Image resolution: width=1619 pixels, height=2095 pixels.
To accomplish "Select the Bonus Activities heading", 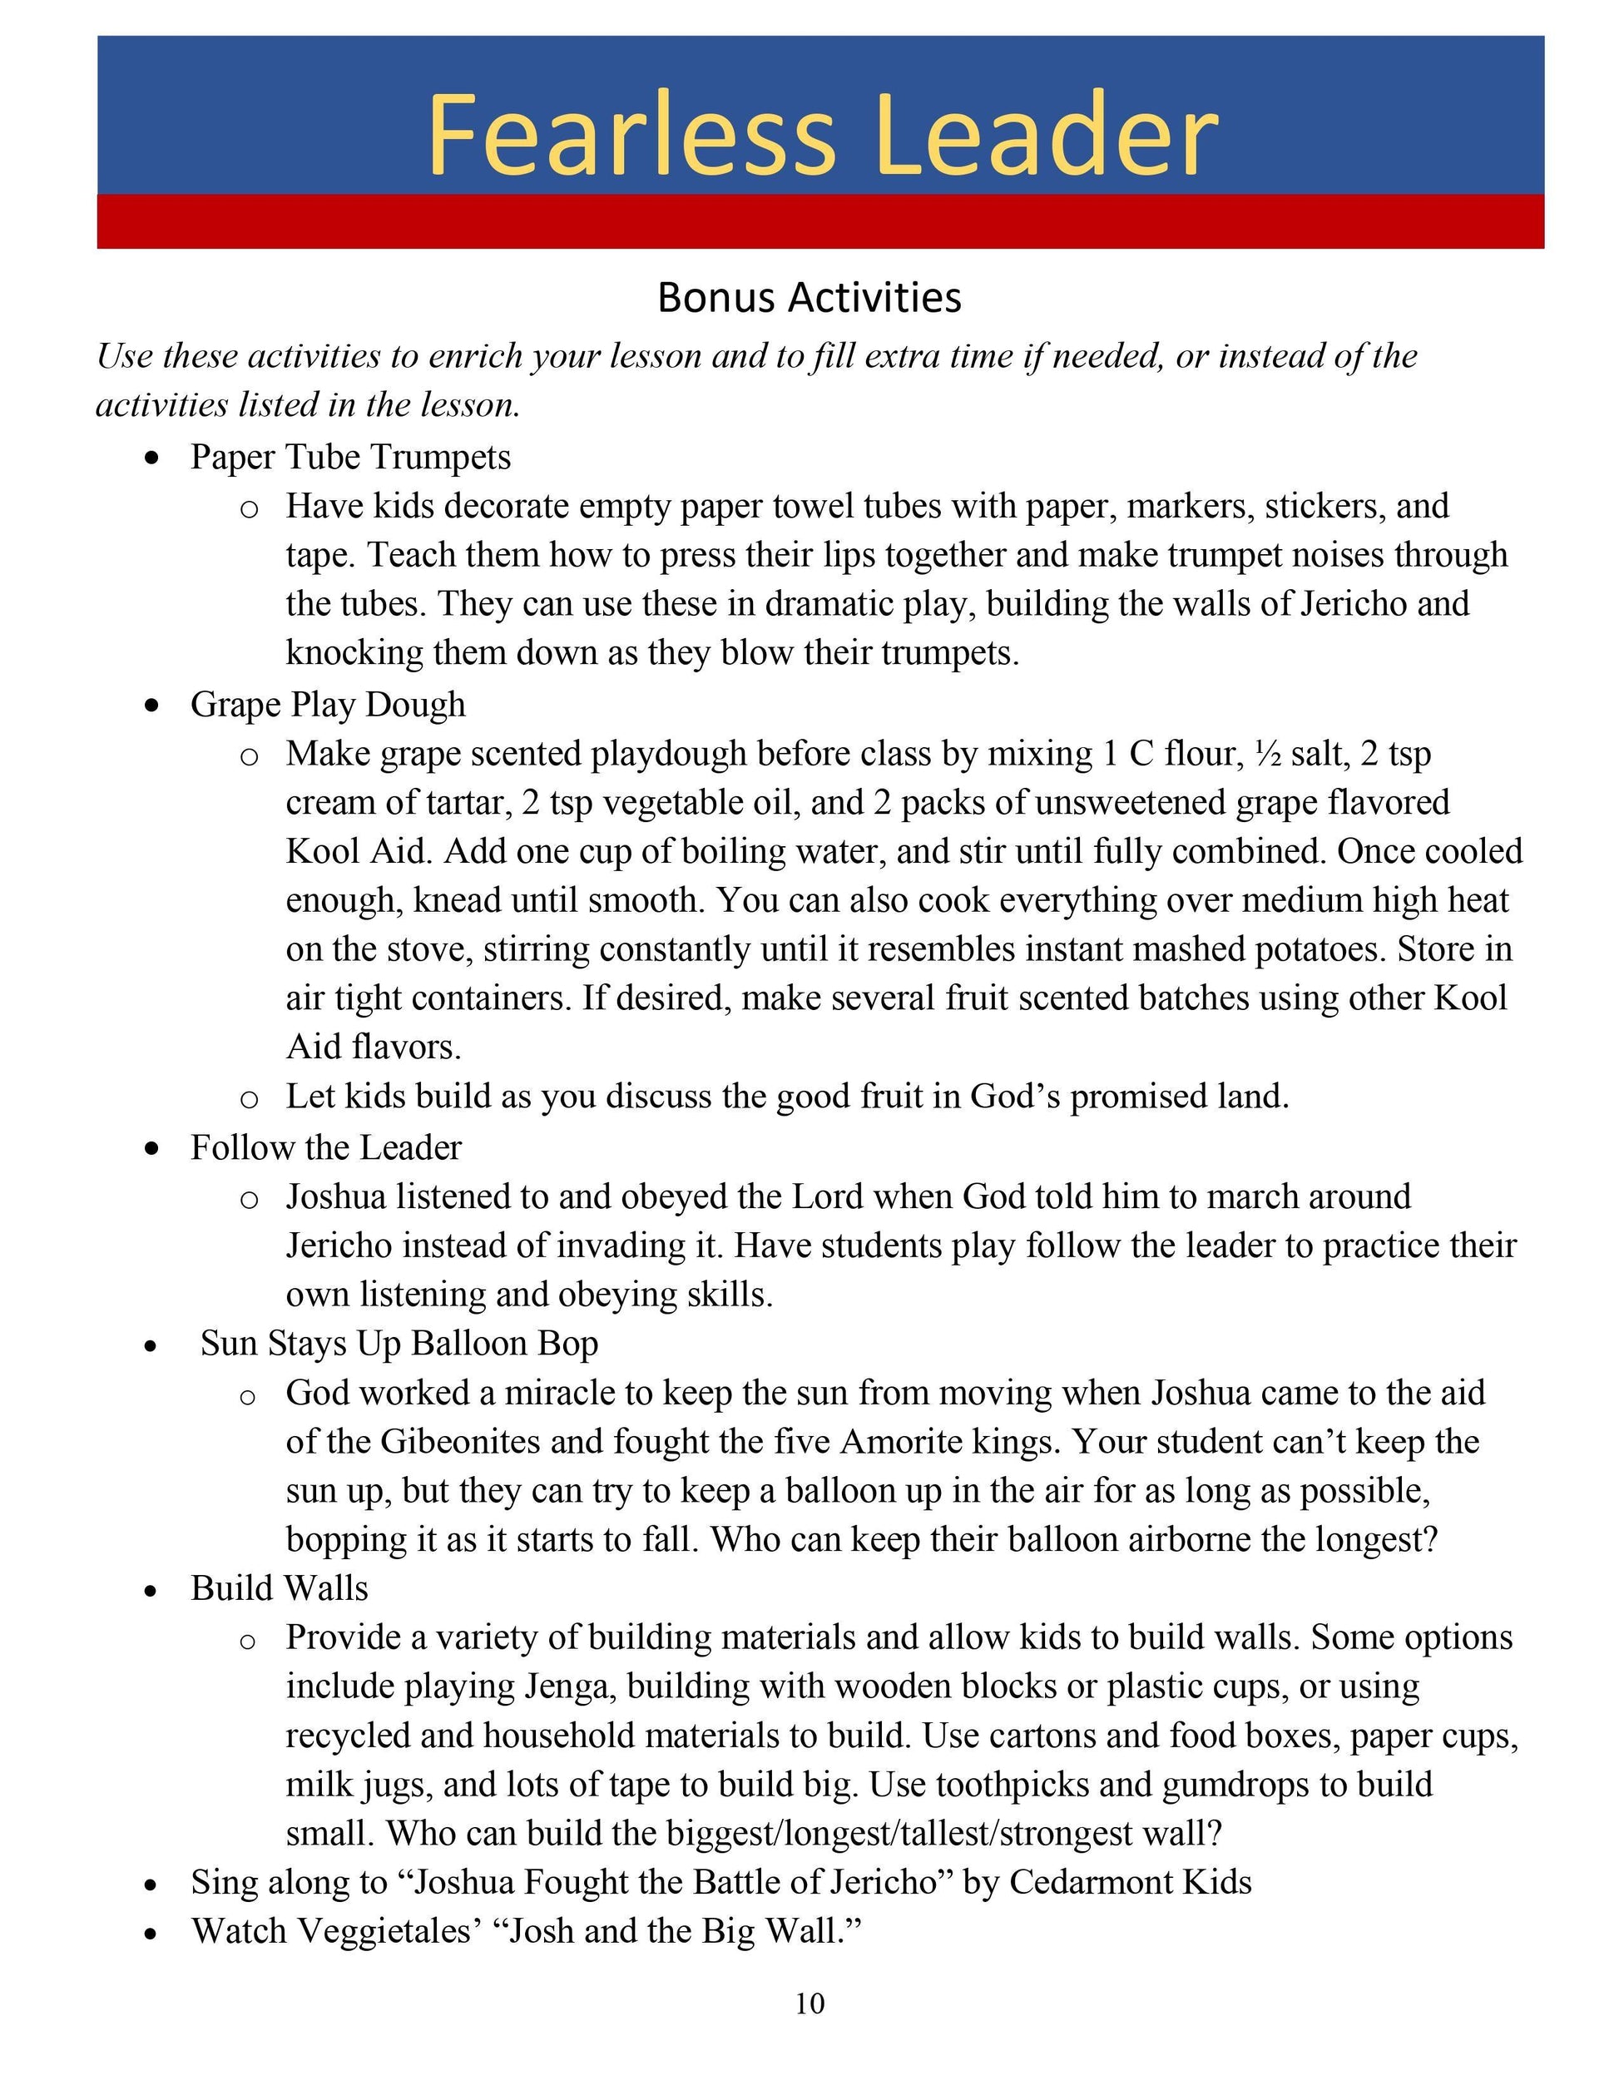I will click(x=809, y=297).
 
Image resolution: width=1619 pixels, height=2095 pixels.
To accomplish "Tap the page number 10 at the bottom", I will click(x=809, y=2003).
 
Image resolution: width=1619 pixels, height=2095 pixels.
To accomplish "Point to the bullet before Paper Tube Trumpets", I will click(x=151, y=459).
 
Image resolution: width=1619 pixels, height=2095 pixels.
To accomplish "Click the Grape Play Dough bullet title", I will click(x=327, y=704).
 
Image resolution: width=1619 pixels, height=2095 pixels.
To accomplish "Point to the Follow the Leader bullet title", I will click(x=325, y=1147).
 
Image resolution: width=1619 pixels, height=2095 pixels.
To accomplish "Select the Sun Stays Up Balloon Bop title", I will click(x=399, y=1343).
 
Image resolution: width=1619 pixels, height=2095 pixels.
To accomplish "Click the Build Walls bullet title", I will click(x=279, y=1587).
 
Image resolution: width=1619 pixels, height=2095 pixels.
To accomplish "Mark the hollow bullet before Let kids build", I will click(x=249, y=1098).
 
